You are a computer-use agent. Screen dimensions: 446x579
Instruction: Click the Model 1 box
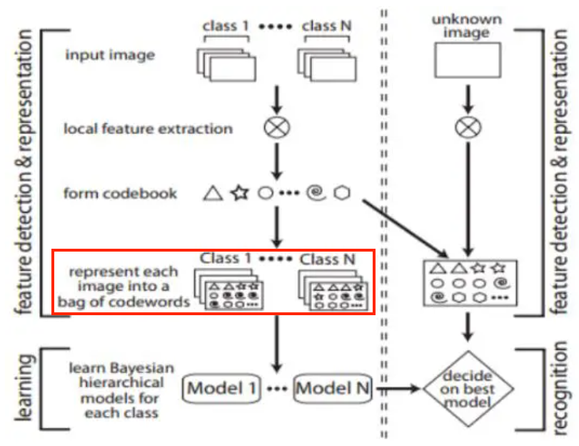coord(221,389)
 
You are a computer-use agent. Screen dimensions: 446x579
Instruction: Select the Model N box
coord(333,389)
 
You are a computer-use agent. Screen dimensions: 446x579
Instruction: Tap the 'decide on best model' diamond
coord(468,389)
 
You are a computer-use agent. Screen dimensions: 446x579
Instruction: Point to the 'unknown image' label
coord(468,26)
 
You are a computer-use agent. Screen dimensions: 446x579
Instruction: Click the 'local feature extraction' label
coord(148,129)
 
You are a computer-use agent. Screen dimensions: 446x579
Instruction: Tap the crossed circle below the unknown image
coord(468,129)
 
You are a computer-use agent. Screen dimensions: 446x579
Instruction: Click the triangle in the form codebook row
coord(211,193)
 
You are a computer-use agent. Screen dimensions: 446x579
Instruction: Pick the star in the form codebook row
coord(238,193)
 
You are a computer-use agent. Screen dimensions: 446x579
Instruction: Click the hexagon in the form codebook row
coord(343,193)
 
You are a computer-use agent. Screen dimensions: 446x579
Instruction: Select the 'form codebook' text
coord(120,193)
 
